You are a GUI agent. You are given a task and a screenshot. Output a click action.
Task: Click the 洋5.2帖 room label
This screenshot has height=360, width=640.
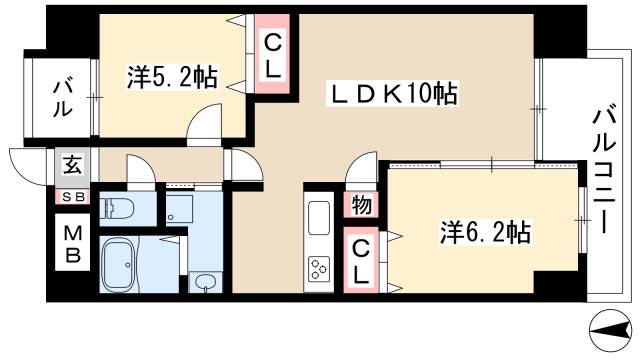tap(172, 76)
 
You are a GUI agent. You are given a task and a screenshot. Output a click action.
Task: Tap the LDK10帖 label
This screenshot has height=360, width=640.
tap(395, 95)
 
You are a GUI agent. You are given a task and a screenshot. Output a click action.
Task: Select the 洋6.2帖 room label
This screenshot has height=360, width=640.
tap(485, 233)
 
